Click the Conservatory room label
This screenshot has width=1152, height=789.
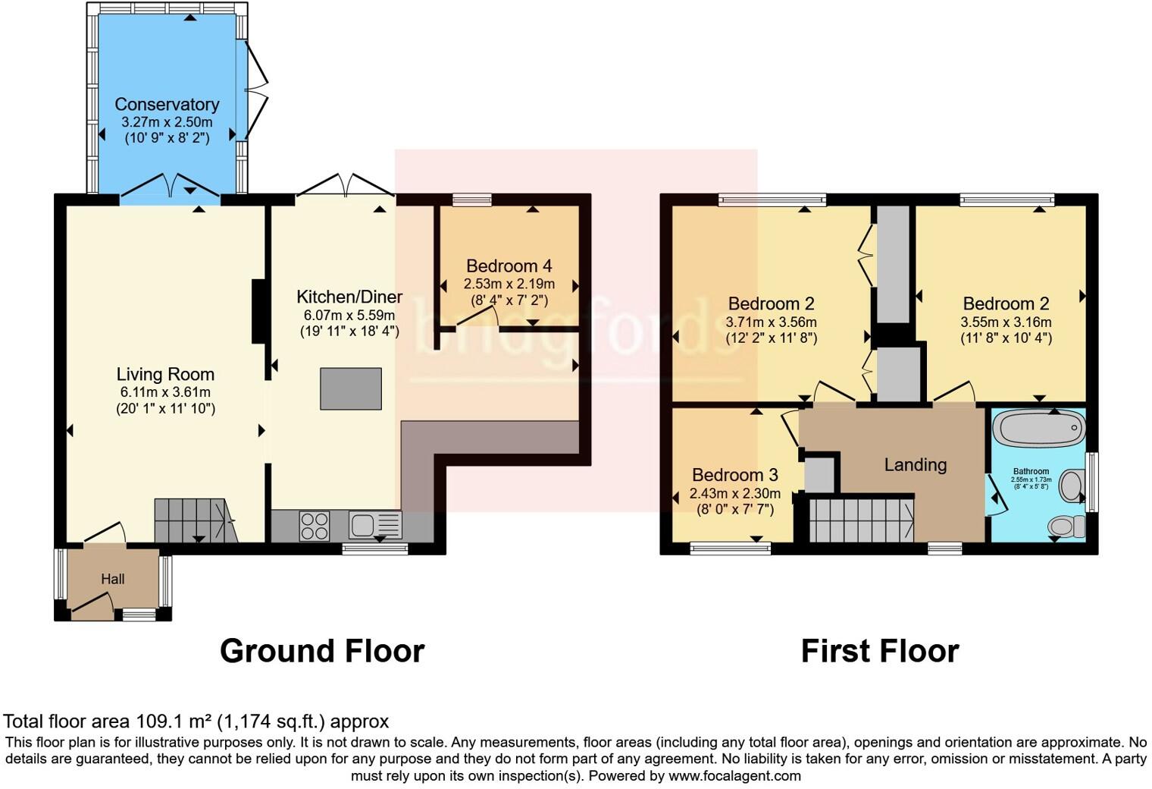click(167, 105)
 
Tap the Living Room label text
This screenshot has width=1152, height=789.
click(165, 374)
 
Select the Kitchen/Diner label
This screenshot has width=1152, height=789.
click(349, 297)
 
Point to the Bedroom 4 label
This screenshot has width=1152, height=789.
click(509, 266)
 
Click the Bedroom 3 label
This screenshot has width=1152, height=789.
click(734, 475)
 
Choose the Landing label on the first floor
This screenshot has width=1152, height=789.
click(916, 464)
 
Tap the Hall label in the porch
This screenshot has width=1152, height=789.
click(113, 579)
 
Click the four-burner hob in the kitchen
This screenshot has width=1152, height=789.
click(315, 526)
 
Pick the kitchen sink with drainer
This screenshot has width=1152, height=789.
click(375, 525)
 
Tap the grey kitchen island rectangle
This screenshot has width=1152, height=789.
click(350, 388)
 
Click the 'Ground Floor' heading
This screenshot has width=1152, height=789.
click(322, 651)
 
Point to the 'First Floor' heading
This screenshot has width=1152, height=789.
click(880, 651)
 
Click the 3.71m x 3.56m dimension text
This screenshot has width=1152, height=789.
click(771, 322)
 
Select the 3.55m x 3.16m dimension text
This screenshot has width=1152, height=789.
click(1006, 322)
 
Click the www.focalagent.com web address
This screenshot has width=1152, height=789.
click(734, 775)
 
